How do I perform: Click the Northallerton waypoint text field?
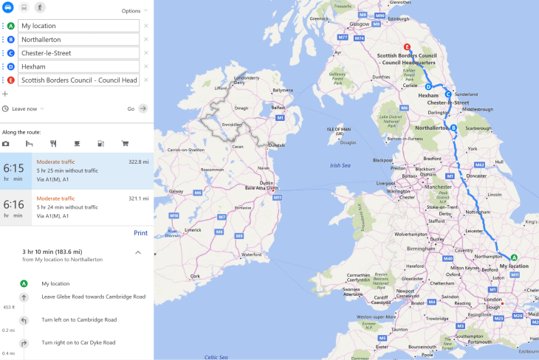[79, 39]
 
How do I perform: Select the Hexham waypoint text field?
[79, 66]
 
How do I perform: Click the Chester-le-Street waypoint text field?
[79, 53]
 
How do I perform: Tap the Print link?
[140, 233]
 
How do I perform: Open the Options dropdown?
[134, 11]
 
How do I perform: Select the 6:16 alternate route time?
[15, 204]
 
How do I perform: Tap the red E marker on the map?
[397, 47]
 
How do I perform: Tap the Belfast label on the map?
[278, 107]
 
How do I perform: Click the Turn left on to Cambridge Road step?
[79, 319]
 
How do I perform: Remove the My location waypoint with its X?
[145, 26]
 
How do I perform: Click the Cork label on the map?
[195, 276]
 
